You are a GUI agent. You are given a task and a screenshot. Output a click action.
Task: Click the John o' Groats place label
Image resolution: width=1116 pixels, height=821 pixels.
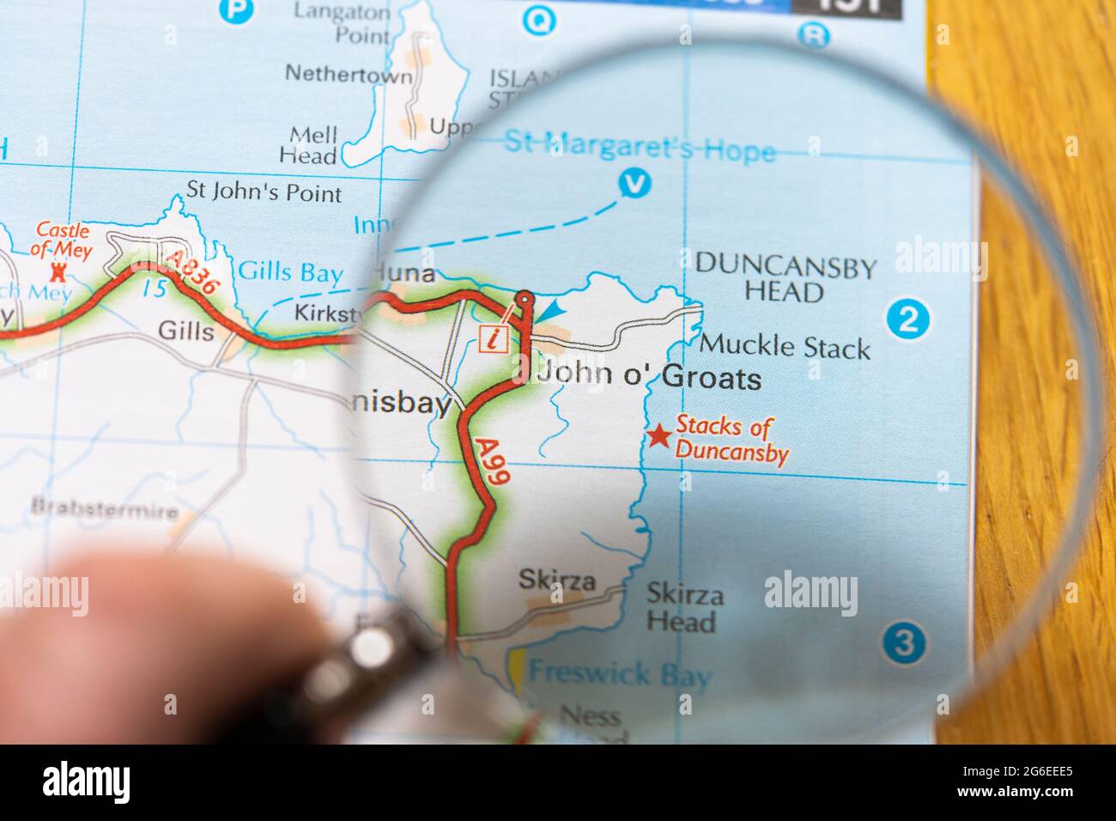(x=648, y=379)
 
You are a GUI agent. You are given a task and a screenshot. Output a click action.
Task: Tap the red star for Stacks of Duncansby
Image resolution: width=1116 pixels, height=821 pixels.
(x=658, y=436)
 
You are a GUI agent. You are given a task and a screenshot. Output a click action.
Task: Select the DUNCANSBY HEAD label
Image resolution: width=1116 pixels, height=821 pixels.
(x=785, y=279)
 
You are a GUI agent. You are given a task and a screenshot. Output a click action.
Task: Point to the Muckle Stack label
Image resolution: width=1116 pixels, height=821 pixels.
(x=785, y=348)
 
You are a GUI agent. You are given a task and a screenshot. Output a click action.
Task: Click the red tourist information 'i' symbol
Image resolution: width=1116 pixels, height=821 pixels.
(x=492, y=338)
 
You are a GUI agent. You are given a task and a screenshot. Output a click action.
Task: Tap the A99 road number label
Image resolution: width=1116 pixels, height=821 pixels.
(x=491, y=464)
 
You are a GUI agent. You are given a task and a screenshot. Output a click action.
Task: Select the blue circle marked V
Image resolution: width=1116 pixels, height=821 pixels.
(x=634, y=183)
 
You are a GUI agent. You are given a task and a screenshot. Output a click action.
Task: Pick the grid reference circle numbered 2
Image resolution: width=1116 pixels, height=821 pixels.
(x=909, y=319)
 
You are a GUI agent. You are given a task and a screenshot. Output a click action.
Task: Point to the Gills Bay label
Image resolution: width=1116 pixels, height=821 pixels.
(x=290, y=274)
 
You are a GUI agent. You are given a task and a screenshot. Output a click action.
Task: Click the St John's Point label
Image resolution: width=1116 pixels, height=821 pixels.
(x=264, y=192)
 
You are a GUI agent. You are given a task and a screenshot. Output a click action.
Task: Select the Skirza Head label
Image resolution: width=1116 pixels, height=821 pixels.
(x=683, y=607)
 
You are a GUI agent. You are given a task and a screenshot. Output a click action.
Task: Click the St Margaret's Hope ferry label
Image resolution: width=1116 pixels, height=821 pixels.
(x=639, y=147)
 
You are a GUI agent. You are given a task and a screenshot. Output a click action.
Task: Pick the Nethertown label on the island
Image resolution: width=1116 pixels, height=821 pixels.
(x=348, y=74)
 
